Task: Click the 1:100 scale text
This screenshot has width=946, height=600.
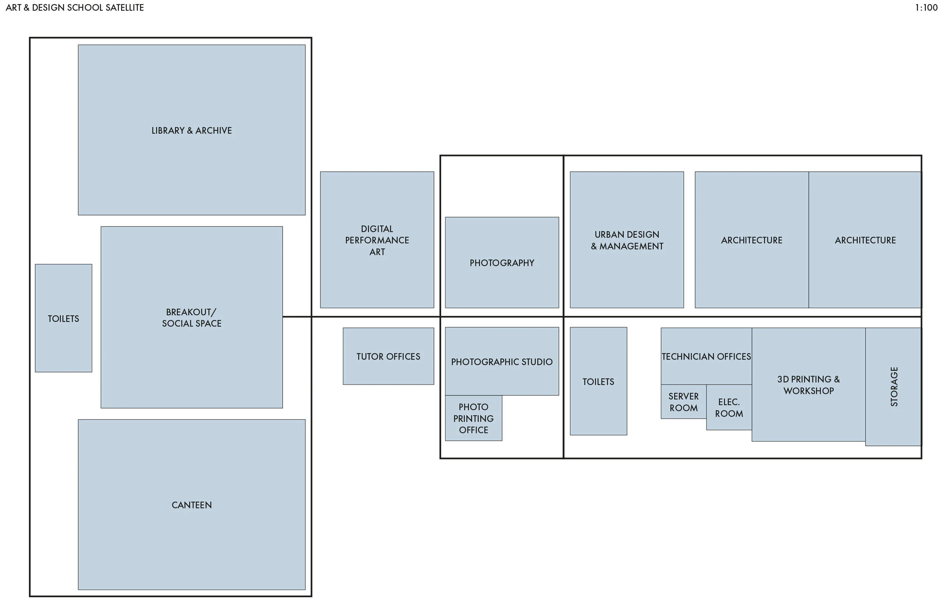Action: (x=926, y=8)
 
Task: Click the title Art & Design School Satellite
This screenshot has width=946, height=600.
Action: (x=75, y=8)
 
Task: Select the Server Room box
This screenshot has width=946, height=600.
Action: (x=683, y=402)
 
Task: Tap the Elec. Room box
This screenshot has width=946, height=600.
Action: (x=729, y=407)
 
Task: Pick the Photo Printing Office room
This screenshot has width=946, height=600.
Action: (x=473, y=418)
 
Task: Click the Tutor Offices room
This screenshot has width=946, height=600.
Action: (x=388, y=356)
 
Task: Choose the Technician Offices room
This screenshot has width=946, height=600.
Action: (x=706, y=356)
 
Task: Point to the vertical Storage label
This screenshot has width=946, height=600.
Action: (x=894, y=387)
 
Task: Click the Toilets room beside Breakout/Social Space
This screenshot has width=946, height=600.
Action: (x=63, y=318)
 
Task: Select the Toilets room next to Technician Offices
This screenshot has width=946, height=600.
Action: (x=598, y=381)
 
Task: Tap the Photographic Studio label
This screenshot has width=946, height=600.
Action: (x=502, y=362)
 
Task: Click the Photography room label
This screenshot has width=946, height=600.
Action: (x=502, y=263)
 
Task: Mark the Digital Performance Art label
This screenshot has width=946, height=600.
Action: (x=377, y=240)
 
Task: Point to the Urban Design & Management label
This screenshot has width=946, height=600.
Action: (x=627, y=240)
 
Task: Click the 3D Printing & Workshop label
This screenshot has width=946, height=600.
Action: (x=808, y=385)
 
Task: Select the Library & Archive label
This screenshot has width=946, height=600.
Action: (x=191, y=131)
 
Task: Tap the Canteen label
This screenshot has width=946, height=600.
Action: (x=191, y=505)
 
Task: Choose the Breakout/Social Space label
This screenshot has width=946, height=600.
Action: (x=191, y=317)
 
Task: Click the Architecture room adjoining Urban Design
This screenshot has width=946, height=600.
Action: (x=751, y=240)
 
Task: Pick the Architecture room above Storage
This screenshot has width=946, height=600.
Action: (x=865, y=240)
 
